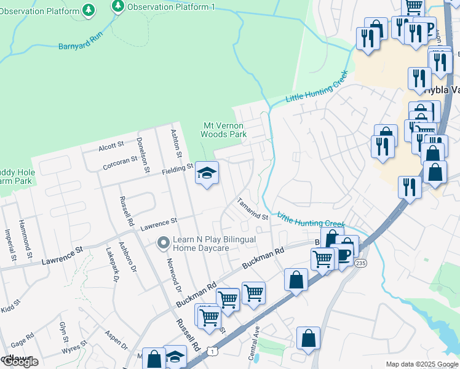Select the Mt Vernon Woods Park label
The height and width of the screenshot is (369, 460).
[x=224, y=130]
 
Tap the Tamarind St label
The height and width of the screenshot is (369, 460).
[x=254, y=209]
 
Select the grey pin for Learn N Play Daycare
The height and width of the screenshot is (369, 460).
[x=163, y=244]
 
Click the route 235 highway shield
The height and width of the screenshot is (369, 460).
[x=360, y=263]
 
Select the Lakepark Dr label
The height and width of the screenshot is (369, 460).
[x=112, y=264]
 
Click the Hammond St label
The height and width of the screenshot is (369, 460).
[x=24, y=237]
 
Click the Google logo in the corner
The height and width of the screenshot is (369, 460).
[x=20, y=362]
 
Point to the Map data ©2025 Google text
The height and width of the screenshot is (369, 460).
[x=421, y=364]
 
